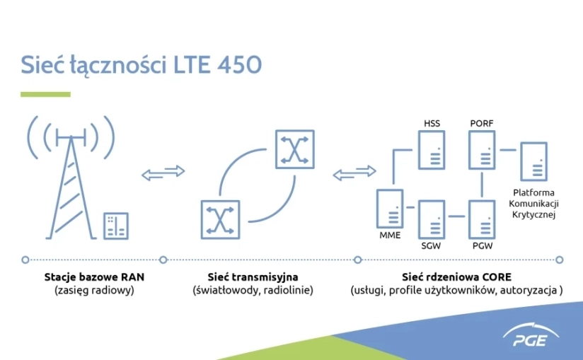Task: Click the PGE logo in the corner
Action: pyautogui.click(x=531, y=335)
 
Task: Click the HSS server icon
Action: pyautogui.click(x=432, y=150)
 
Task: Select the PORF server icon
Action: pyautogui.click(x=482, y=150)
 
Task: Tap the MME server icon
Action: pyautogui.click(x=390, y=209)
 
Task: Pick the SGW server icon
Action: pyautogui.click(x=432, y=219)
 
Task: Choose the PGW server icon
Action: pyautogui.click(x=482, y=219)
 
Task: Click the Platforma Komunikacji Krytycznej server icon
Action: pyautogui.click(x=533, y=161)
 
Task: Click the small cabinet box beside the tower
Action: pyautogui.click(x=116, y=226)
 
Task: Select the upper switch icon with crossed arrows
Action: pyautogui.click(x=295, y=149)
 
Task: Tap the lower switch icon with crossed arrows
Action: pyautogui.click(x=221, y=219)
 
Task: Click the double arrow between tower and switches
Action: pyautogui.click(x=163, y=173)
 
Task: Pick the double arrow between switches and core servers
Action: pyautogui.click(x=354, y=173)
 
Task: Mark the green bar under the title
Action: pyautogui.click(x=45, y=94)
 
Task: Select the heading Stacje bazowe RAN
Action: pyautogui.click(x=94, y=277)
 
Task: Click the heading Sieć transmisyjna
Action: pyautogui.click(x=253, y=277)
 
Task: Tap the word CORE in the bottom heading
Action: pyautogui.click(x=497, y=277)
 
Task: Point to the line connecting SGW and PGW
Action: pyautogui.click(x=456, y=216)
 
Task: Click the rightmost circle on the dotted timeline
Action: pyautogui.click(x=560, y=260)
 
